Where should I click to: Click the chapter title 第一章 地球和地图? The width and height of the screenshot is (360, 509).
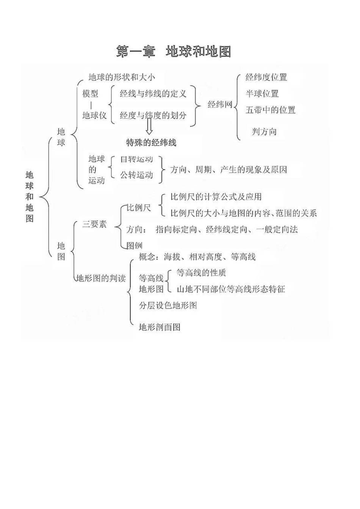[x=173, y=52]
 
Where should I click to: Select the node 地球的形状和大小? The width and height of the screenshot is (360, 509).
[x=121, y=78]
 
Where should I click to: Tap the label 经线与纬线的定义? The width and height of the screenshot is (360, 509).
[x=153, y=94]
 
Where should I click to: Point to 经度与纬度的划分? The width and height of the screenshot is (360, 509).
[x=153, y=115]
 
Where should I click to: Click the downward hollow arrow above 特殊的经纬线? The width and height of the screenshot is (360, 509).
[x=149, y=127]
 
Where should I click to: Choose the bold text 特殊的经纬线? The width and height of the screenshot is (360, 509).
[x=151, y=143]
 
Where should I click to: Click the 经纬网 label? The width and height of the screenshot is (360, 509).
[x=220, y=105]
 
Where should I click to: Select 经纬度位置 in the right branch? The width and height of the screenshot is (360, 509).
[x=266, y=78]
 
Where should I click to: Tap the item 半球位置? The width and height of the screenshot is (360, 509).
[x=262, y=94]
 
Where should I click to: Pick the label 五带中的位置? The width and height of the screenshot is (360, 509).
[x=270, y=110]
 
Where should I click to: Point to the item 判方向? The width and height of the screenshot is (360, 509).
[x=264, y=132]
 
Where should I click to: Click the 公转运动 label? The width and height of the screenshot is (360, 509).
[x=136, y=175]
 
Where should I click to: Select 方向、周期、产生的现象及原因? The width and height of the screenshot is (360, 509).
[x=228, y=170]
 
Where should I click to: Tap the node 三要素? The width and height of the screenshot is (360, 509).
[x=95, y=224]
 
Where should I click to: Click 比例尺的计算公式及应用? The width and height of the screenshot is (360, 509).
[x=216, y=197]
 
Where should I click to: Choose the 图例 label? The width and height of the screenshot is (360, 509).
[x=134, y=245]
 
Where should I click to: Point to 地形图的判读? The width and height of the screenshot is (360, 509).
[x=101, y=278]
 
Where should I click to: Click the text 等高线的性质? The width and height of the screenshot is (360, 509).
[x=201, y=273]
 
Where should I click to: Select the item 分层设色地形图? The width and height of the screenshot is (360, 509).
[x=168, y=305]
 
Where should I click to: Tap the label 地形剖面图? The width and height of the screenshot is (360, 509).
[x=160, y=327]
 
